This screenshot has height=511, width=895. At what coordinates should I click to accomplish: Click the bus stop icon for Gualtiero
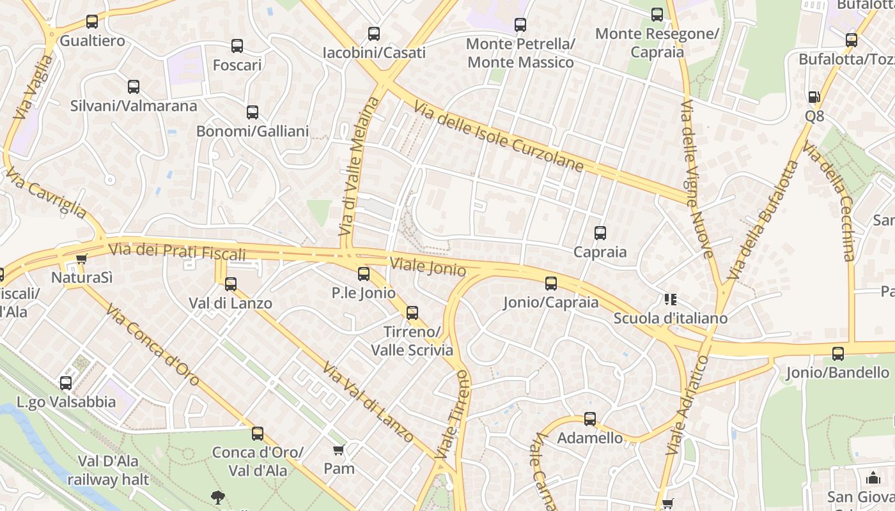(x=92, y=21)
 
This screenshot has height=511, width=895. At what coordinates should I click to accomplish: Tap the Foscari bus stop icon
(x=237, y=45)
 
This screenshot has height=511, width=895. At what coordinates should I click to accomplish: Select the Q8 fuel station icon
(x=814, y=97)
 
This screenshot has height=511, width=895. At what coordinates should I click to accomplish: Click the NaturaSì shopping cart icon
(x=81, y=259)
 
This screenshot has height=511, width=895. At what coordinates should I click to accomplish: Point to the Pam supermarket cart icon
(x=339, y=450)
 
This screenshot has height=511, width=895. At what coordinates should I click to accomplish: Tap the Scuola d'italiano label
(x=670, y=318)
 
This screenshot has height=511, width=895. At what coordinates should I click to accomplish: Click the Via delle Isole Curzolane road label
(x=499, y=136)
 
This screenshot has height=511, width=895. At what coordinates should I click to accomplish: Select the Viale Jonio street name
(x=428, y=266)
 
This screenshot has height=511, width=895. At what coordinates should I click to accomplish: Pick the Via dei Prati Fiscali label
(x=177, y=251)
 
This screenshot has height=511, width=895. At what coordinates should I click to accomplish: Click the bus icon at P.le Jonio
(x=364, y=274)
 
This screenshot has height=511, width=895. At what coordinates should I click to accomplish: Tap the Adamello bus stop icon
(x=590, y=419)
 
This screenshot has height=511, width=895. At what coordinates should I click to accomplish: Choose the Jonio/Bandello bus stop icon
(x=838, y=353)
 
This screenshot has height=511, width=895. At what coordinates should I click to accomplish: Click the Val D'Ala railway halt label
(x=108, y=470)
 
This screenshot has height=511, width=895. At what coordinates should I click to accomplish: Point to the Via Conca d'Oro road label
(x=153, y=346)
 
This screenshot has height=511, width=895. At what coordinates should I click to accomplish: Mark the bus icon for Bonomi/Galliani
(x=253, y=112)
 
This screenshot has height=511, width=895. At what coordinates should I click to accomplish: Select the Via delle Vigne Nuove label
(x=697, y=179)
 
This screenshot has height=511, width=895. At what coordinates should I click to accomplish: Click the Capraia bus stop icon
(x=600, y=233)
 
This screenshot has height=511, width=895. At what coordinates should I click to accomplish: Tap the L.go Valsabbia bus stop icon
(x=66, y=383)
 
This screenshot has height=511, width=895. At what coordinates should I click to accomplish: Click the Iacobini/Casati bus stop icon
(x=374, y=34)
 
